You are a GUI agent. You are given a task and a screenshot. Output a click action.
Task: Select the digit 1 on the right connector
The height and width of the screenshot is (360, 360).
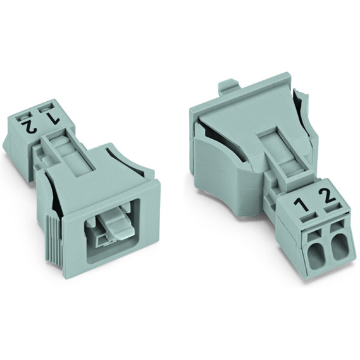304,206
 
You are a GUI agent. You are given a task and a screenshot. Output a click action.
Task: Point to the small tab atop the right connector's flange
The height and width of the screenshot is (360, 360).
229,87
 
